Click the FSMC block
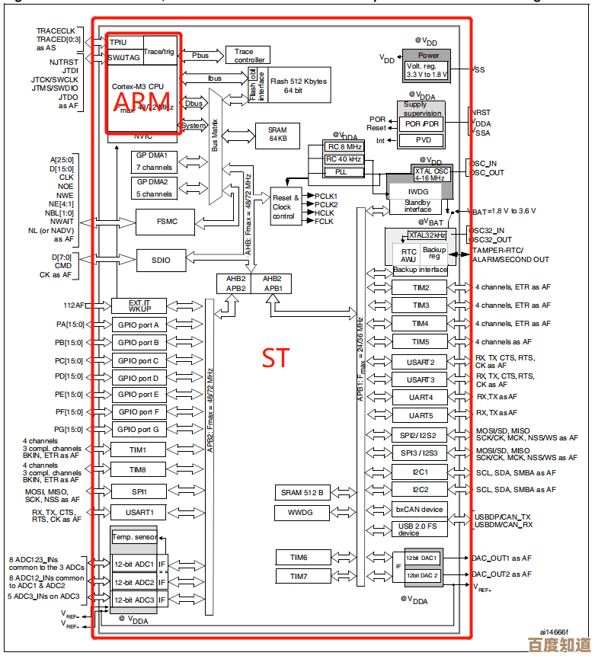pos(166,222)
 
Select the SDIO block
pos(162,260)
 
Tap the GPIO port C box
pos(139,360)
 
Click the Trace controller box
pos(248,55)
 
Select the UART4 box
pos(421,397)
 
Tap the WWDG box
pos(301,513)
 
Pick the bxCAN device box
pos(419,510)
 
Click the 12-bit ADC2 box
pos(134,582)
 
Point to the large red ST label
pos(275,358)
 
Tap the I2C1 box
pos(420,472)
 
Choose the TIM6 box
pos(299,558)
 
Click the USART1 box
pos(139,512)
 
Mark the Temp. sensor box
pos(134,537)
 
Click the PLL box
pos(344,172)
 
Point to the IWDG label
pos(418,192)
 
